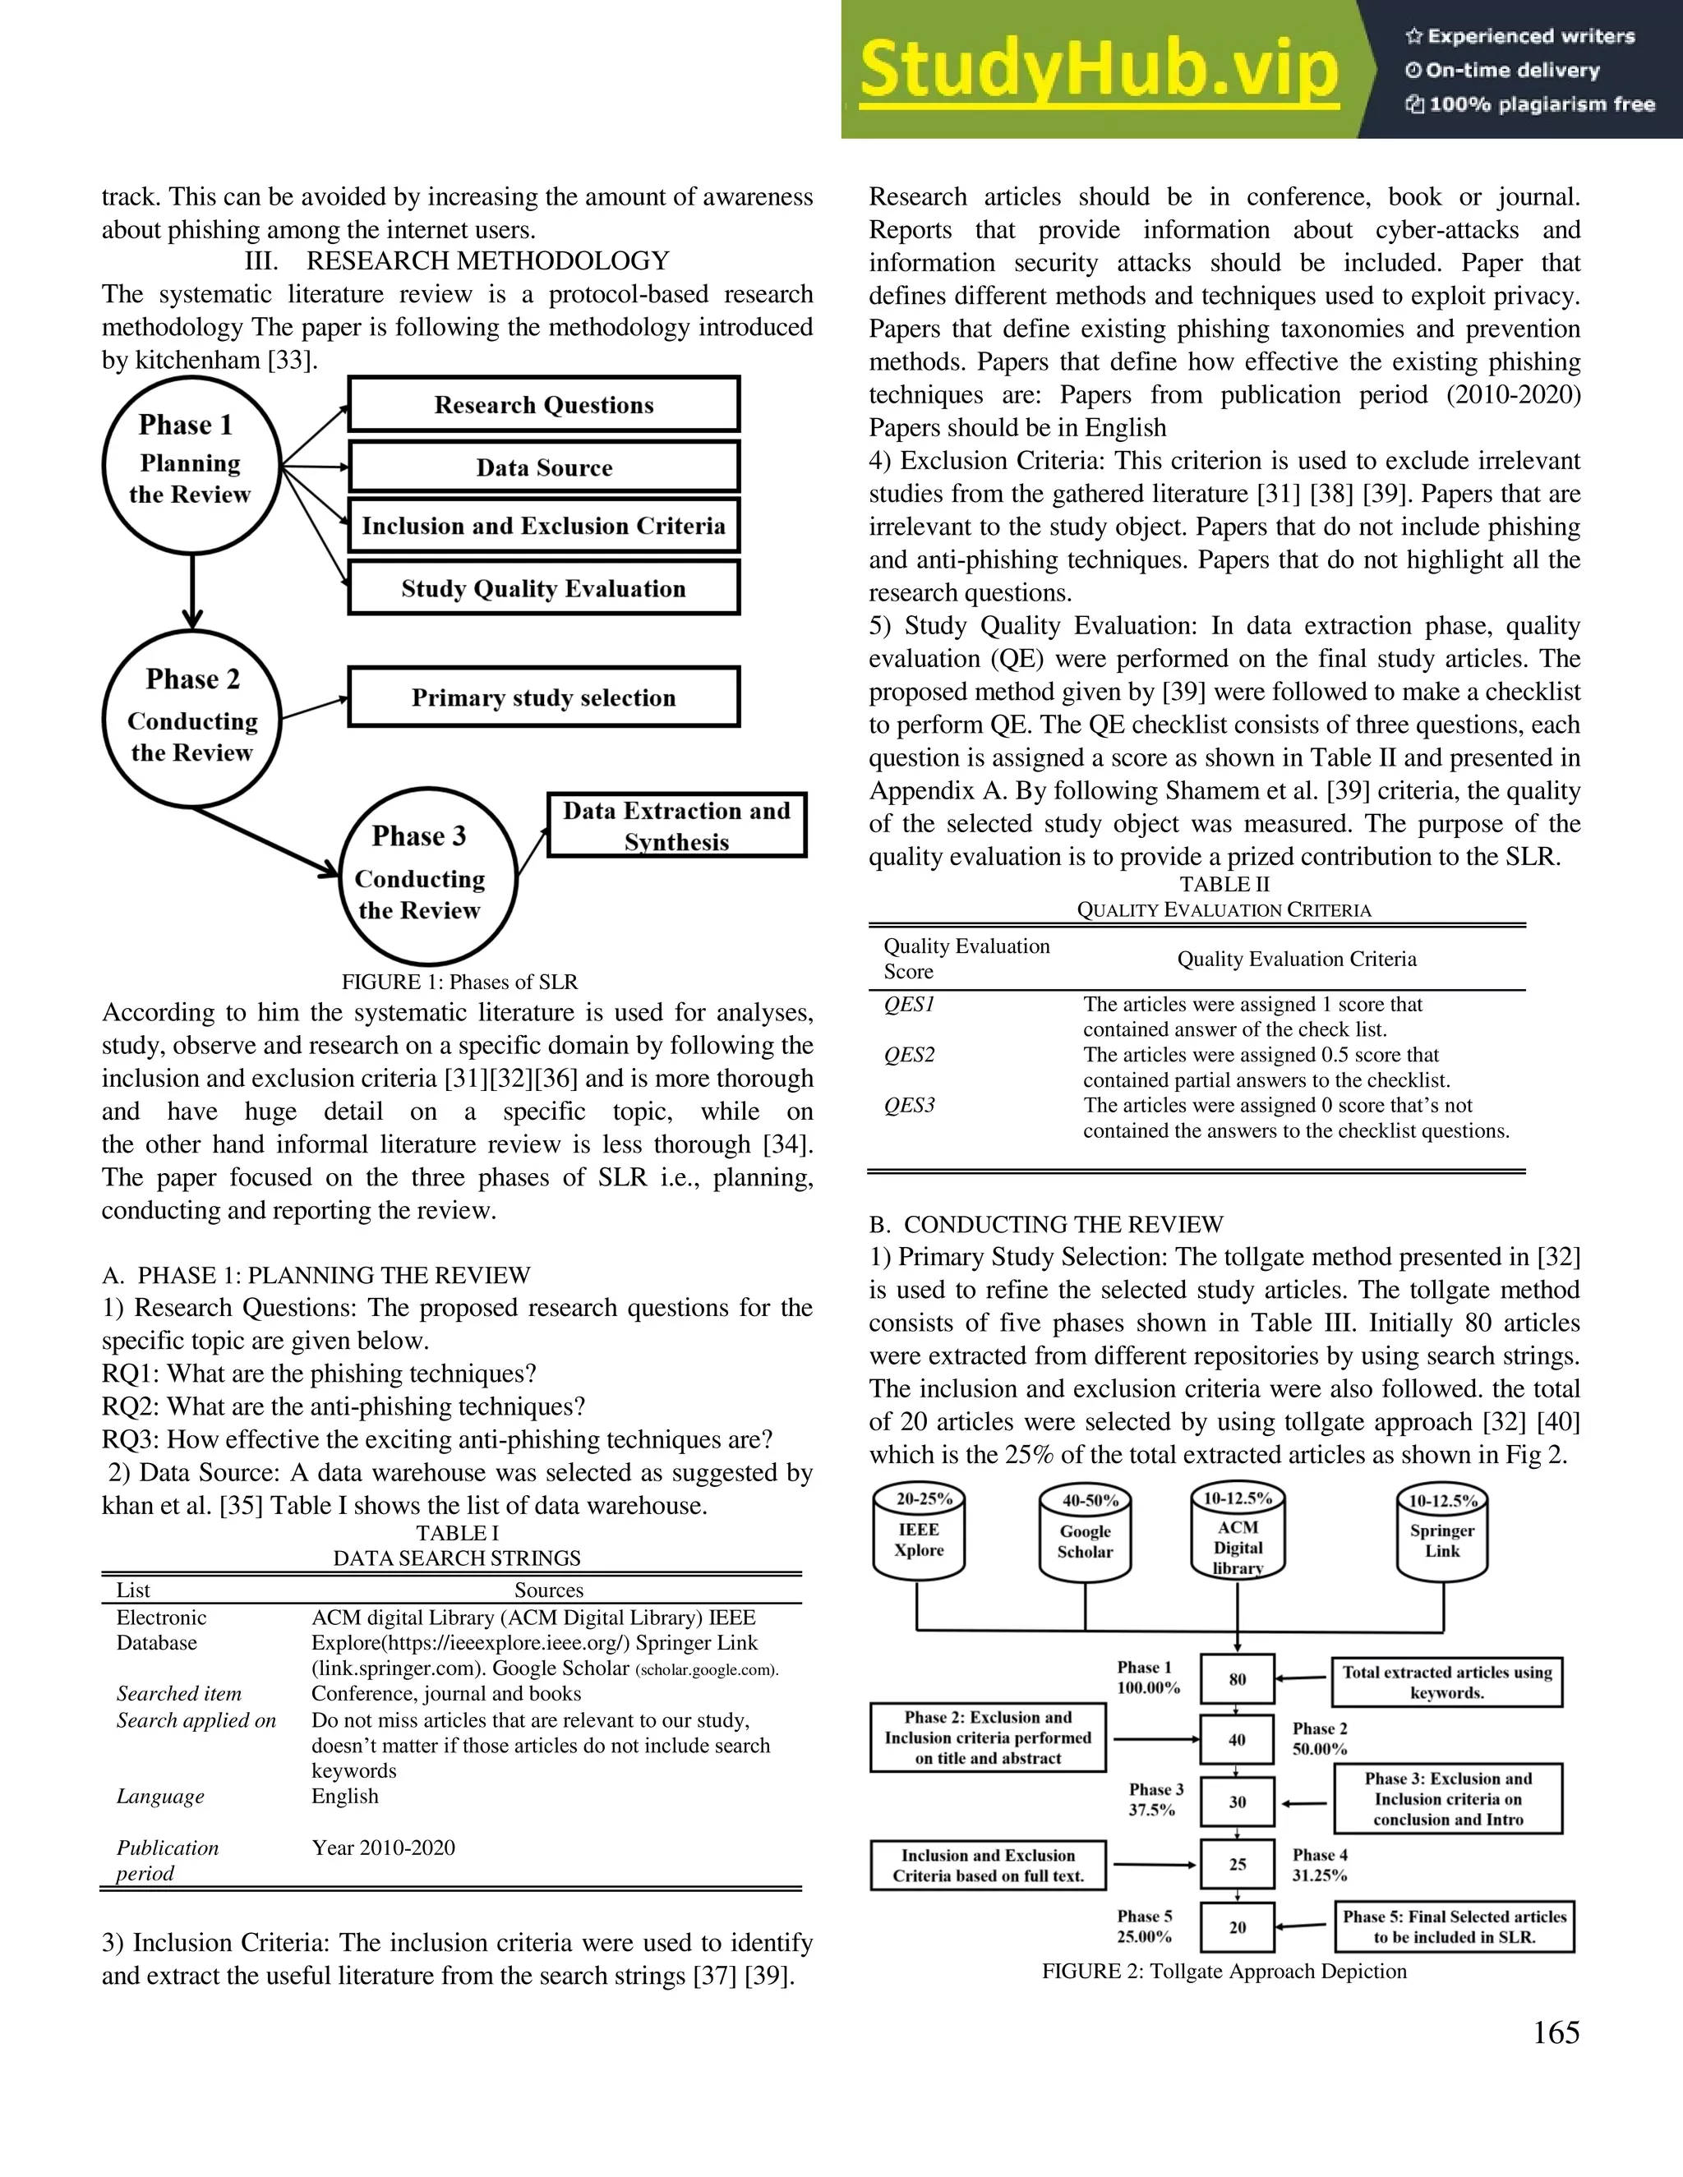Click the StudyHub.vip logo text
point(1099,70)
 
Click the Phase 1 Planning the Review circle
point(191,464)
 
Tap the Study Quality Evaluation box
point(543,588)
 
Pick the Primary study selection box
point(543,697)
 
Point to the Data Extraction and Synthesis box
point(676,826)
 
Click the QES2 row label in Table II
point(910,1055)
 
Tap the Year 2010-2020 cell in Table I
point(383,1847)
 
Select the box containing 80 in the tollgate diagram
point(1238,1678)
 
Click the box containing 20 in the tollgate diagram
point(1238,1926)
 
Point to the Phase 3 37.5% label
point(1155,1799)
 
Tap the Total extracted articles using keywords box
point(1446,1682)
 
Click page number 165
point(1556,2032)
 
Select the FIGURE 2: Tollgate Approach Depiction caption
point(1224,1971)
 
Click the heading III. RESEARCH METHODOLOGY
point(457,261)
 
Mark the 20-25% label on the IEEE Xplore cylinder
point(923,1498)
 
